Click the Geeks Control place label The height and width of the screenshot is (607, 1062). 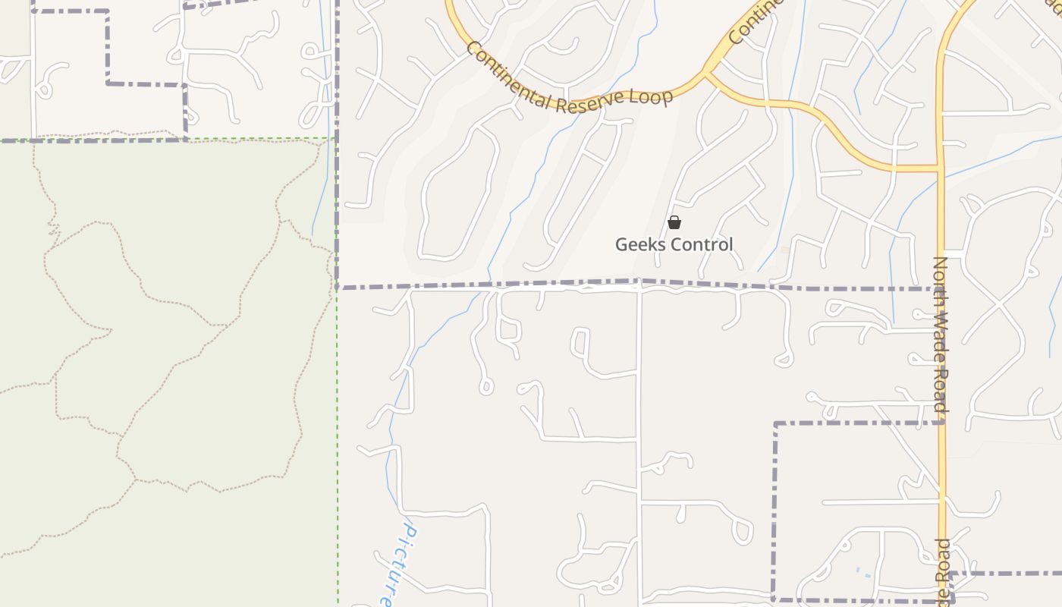coord(674,244)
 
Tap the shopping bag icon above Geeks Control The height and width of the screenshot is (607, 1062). coord(674,222)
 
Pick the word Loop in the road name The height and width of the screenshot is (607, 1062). coord(651,97)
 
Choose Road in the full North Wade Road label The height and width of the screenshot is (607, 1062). coord(941,386)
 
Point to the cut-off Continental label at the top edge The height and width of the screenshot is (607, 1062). coord(756,21)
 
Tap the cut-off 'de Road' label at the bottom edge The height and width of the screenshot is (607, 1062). coord(942,574)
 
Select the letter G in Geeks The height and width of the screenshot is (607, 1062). coord(621,244)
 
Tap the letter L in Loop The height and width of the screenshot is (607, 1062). coord(636,99)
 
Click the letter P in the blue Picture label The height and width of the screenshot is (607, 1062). coord(408,529)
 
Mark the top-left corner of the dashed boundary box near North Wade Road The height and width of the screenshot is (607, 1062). coord(775,423)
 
